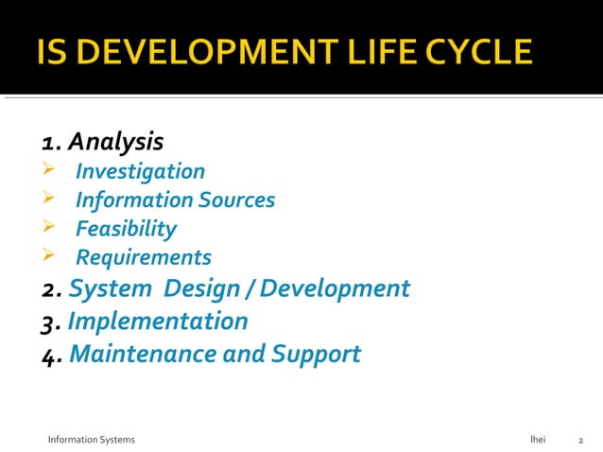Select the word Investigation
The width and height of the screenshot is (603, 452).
click(140, 171)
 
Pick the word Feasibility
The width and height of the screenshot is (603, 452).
click(126, 229)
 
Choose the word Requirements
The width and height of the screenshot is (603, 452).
click(144, 257)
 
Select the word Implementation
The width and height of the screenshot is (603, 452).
click(158, 322)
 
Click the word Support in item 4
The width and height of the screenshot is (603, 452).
click(316, 354)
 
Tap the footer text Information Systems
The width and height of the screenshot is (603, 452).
click(92, 440)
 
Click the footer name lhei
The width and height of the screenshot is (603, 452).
click(538, 440)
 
